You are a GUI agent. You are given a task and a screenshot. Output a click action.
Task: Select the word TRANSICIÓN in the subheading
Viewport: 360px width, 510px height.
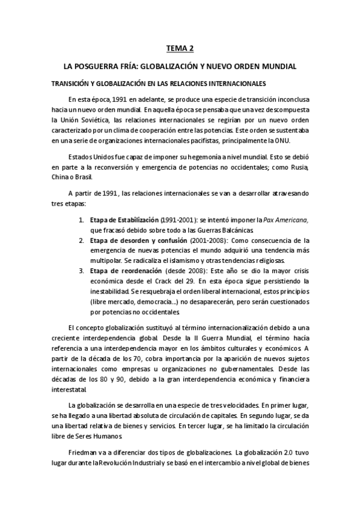[73, 84]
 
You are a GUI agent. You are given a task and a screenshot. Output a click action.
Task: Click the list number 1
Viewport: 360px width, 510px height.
[81, 220]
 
